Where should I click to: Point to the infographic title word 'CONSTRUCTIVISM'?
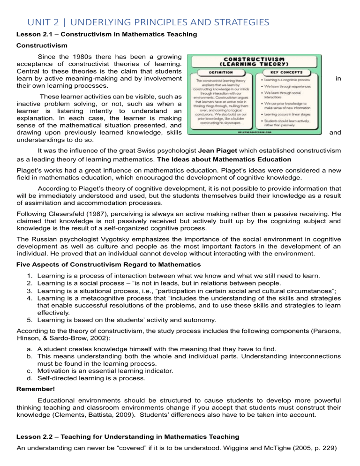(255, 59)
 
